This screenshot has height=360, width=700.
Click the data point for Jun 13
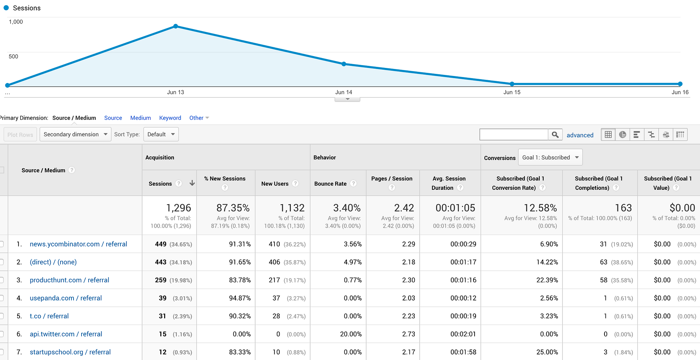[x=176, y=26]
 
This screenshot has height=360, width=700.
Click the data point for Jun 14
[x=344, y=64]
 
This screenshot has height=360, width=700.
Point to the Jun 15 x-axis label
[x=512, y=92]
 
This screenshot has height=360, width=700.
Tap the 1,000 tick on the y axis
[x=16, y=22]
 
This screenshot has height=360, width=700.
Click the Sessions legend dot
[x=6, y=8]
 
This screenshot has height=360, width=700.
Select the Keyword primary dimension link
[x=170, y=118]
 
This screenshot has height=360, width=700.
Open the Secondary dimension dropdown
[x=75, y=134]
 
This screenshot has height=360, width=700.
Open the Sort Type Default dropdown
[x=161, y=134]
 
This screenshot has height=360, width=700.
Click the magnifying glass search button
[x=555, y=135]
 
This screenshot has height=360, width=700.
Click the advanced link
[x=580, y=135]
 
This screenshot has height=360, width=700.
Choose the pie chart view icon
[x=622, y=134]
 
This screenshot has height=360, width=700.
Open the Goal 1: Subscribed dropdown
[x=550, y=158]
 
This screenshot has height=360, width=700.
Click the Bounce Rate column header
[x=330, y=184]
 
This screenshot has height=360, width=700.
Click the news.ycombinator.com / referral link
[x=78, y=244]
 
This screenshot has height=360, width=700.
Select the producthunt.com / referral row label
[x=69, y=280]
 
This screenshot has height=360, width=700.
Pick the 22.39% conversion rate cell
[x=547, y=280]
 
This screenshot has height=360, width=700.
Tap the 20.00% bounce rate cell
[x=351, y=334]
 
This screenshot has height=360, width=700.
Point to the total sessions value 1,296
[x=178, y=208]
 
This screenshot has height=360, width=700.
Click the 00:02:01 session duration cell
[x=463, y=334]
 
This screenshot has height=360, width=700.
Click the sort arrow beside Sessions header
[x=192, y=183]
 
